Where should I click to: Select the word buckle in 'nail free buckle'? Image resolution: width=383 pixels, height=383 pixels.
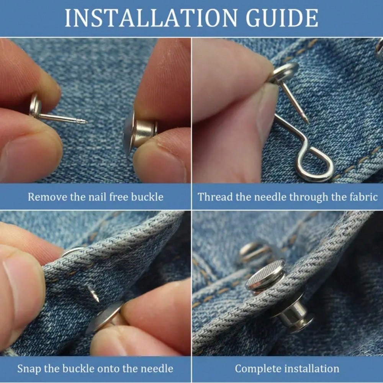(147, 197)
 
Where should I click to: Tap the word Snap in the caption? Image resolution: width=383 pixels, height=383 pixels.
(29, 369)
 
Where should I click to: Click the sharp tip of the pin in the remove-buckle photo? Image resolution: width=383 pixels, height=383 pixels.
(86, 123)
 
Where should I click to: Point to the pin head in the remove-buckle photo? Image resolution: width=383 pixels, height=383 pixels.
(34, 105)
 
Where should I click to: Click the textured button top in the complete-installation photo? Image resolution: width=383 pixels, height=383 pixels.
(265, 275)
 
